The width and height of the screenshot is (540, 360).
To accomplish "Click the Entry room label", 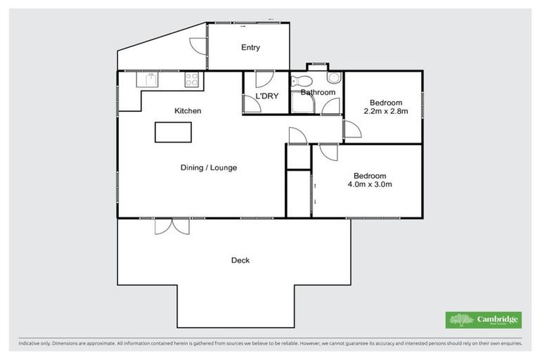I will [250, 48].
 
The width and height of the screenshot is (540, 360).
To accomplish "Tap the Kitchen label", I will [188, 111].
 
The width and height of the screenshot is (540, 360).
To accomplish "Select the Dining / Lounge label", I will [209, 167].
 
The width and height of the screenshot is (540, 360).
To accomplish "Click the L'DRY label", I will [266, 96].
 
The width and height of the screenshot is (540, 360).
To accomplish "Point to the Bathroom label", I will [317, 92].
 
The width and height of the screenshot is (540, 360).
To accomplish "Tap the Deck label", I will [240, 260].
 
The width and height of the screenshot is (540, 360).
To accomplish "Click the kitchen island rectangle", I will [174, 131].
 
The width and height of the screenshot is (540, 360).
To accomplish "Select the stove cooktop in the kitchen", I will [191, 80].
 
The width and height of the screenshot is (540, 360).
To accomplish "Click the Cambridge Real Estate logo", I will [483, 320].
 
